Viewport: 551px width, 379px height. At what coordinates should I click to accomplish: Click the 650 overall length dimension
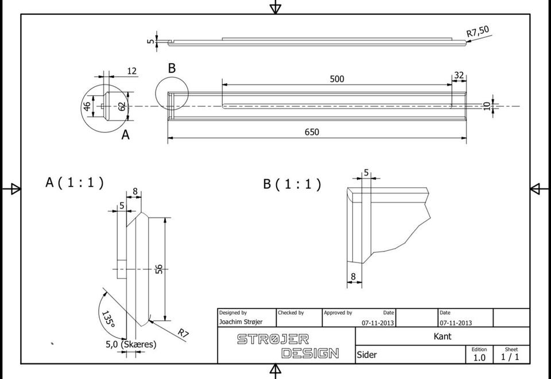312,132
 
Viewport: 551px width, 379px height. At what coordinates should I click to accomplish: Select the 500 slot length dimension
337,79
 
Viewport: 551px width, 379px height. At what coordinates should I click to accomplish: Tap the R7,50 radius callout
478,31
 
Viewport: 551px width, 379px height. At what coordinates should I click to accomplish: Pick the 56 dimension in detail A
159,269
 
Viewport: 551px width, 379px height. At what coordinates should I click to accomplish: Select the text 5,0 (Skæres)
131,344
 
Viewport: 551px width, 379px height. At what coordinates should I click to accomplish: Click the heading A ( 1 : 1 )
75,183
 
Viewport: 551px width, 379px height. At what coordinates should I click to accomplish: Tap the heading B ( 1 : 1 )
292,184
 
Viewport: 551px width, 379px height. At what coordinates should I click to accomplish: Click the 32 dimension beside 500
459,75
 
